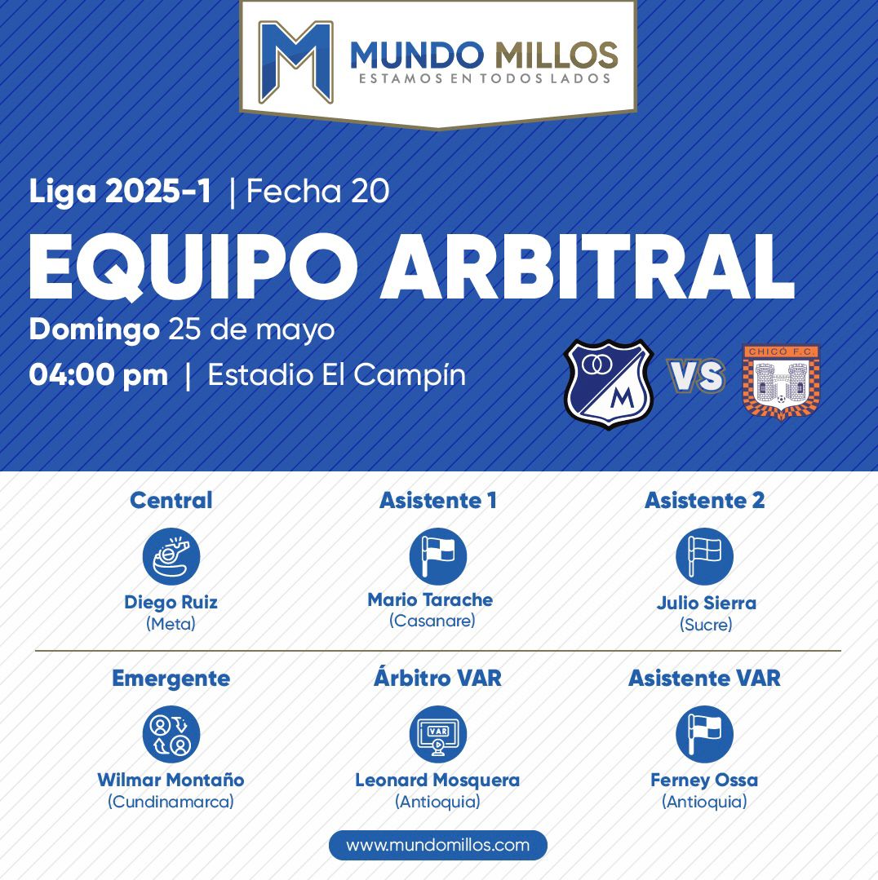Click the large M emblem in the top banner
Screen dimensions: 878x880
pos(296,62)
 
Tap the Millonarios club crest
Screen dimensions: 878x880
pos(609,384)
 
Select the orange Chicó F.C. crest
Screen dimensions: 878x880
pos(781,382)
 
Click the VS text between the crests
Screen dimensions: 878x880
pos(696,375)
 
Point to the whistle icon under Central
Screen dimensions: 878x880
pos(171,556)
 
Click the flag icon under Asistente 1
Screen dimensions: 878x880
pos(438,556)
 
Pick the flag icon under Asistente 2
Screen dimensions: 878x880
pos(704,556)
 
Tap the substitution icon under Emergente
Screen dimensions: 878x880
pos(171,734)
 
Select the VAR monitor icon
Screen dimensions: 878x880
pos(438,734)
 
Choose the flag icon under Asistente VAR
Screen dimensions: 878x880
pos(704,734)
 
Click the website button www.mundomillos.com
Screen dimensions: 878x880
pos(438,845)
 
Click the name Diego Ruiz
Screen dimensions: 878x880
pos(171,602)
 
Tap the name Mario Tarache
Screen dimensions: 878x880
pos(430,600)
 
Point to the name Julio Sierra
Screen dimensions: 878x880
pos(706,603)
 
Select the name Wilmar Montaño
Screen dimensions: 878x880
pos(171,780)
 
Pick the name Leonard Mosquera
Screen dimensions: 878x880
pos(437,781)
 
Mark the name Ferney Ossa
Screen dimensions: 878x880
pos(704,781)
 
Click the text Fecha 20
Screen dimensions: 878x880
pos(317,192)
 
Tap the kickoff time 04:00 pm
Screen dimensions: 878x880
pos(98,375)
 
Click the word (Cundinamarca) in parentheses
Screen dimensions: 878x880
pos(171,802)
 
